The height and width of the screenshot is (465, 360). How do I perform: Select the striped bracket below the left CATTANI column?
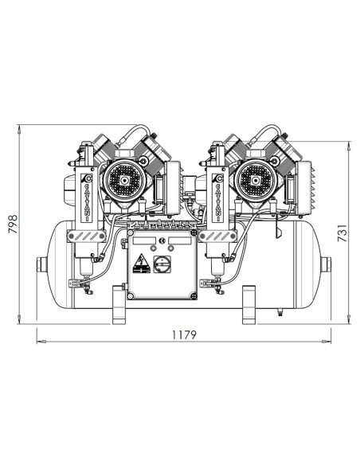tap(84, 236)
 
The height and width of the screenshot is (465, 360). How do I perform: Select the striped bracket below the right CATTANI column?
tap(215, 236)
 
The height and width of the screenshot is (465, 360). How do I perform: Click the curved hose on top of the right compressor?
tap(272, 130)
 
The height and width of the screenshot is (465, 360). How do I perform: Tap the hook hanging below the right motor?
tap(278, 231)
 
